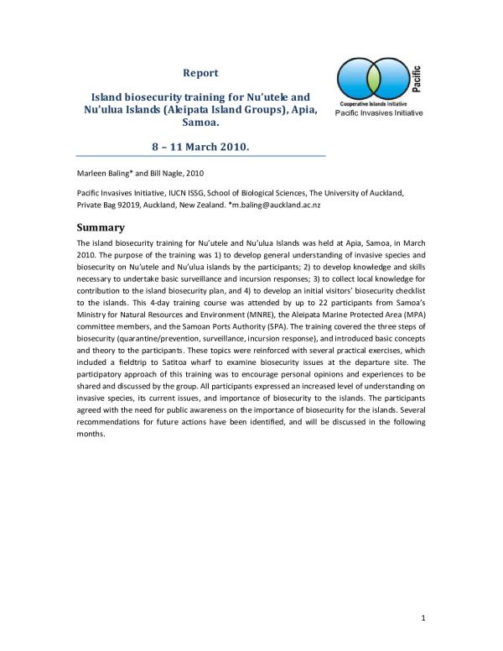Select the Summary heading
pyautogui.click(x=101, y=227)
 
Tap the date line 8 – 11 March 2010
pyautogui.click(x=200, y=146)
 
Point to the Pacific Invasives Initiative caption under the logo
pyautogui.click(x=379, y=112)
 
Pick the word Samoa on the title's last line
pyautogui.click(x=200, y=122)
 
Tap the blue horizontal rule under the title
pyautogui.click(x=200, y=156)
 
